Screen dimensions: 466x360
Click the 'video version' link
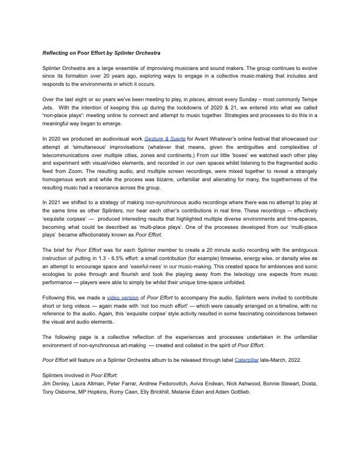point(122,298)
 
